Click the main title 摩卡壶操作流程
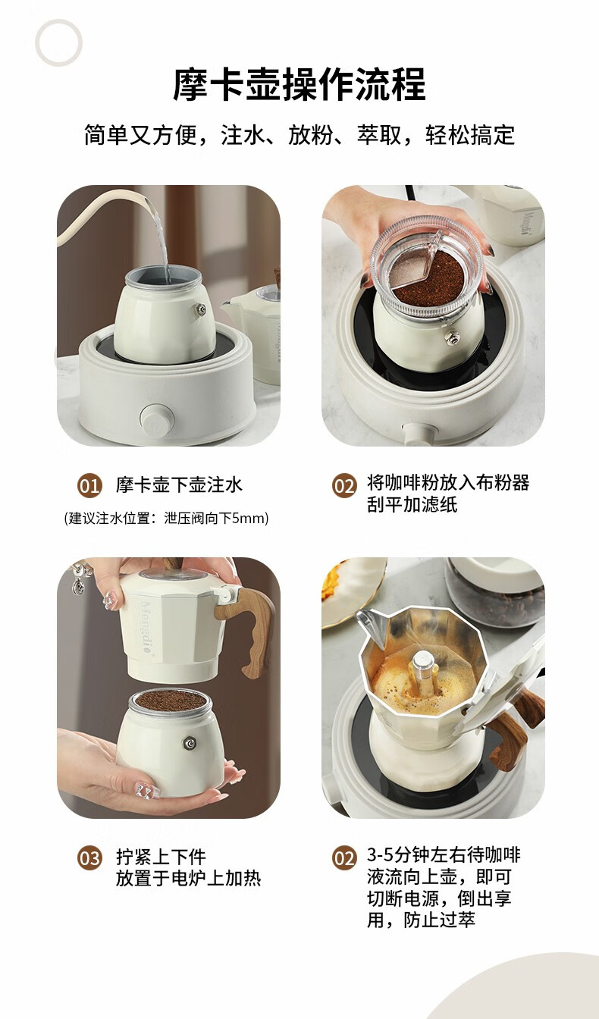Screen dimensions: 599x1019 pyautogui.click(x=299, y=84)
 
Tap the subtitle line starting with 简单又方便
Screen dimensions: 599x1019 pyautogui.click(x=299, y=135)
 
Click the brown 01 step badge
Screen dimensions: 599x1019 pyautogui.click(x=89, y=486)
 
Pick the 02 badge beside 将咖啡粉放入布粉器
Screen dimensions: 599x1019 pyautogui.click(x=343, y=486)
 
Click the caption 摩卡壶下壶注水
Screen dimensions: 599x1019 pyautogui.click(x=179, y=485)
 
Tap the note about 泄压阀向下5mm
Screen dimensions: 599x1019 pyautogui.click(x=166, y=518)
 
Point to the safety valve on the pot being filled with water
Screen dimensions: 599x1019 pyautogui.click(x=200, y=310)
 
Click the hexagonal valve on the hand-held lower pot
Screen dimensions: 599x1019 pyautogui.click(x=190, y=743)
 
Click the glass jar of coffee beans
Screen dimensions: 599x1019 pyautogui.click(x=496, y=591)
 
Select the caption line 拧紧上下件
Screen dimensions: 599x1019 pyautogui.click(x=161, y=857)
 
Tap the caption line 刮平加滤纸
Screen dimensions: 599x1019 pyautogui.click(x=412, y=504)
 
